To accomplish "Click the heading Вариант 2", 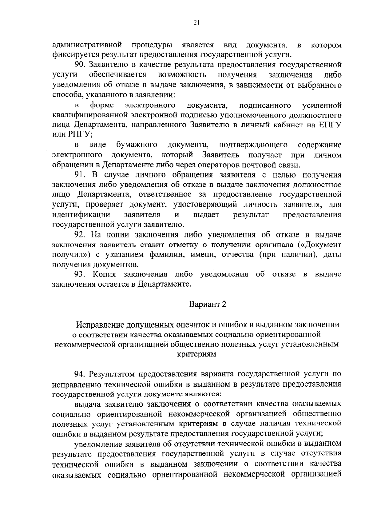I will tap(208, 304).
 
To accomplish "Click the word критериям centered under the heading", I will tap(197, 354).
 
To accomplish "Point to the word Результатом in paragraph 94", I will tap(113, 374).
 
